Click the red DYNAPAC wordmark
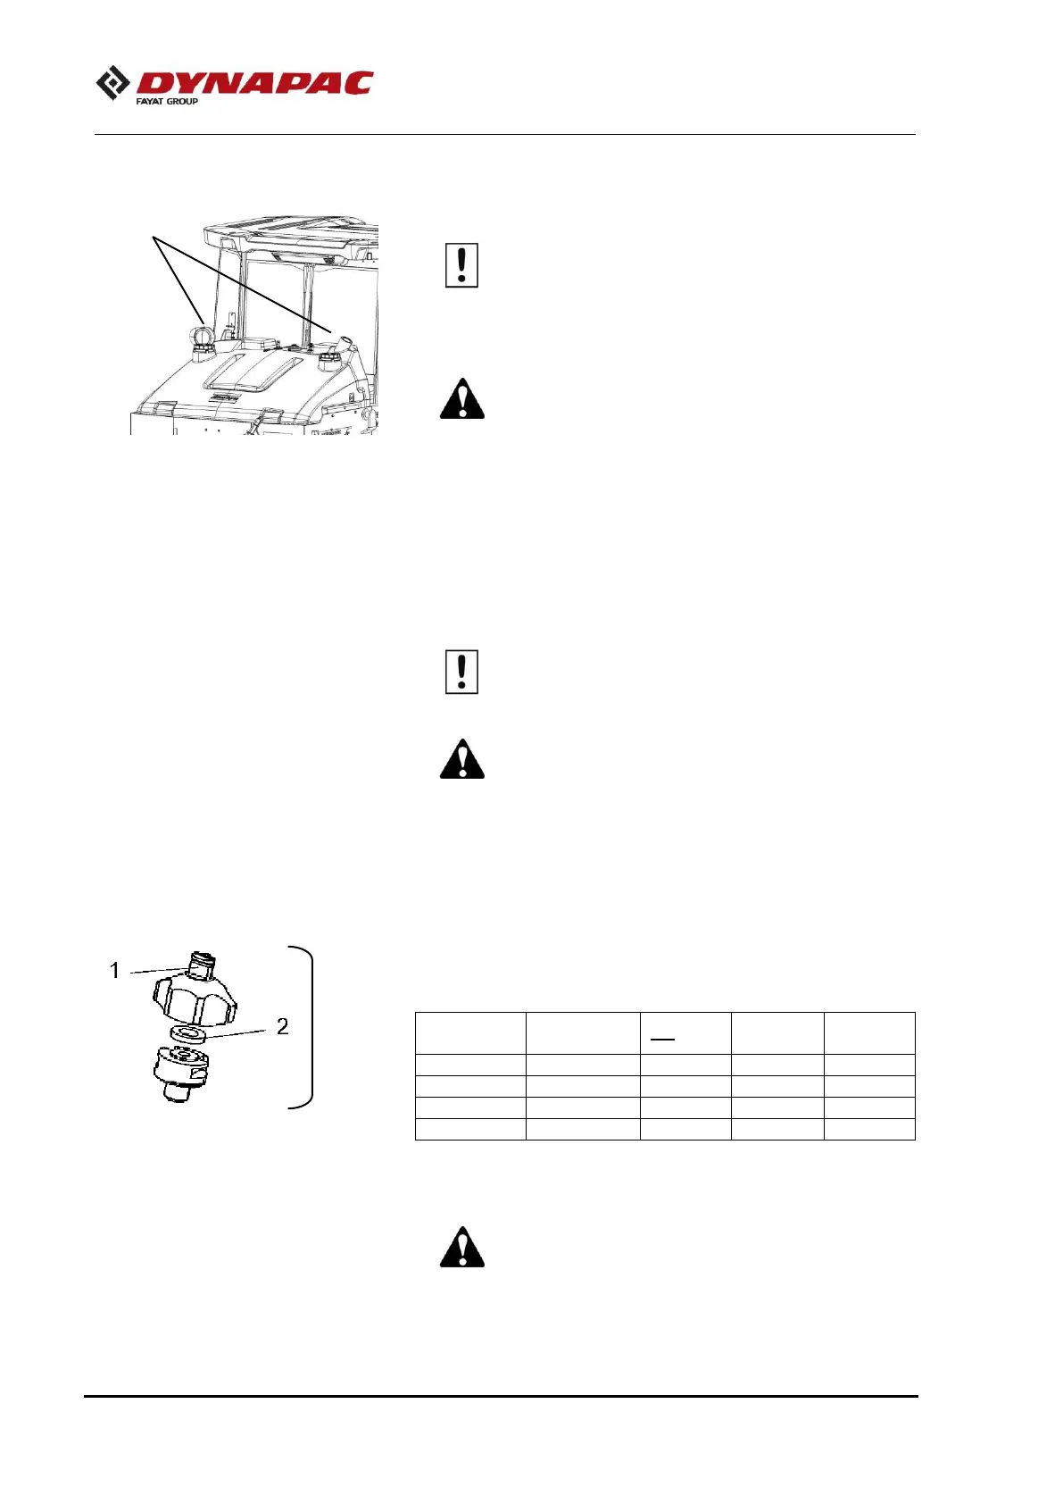(254, 83)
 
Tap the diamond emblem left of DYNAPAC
(112, 84)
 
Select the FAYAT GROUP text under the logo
(167, 102)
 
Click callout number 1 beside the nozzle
(114, 970)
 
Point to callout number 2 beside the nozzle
(282, 1026)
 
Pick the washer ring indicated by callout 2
(187, 1034)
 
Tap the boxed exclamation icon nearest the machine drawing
(461, 265)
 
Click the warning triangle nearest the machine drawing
(461, 399)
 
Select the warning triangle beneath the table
(461, 1248)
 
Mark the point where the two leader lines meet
(154, 238)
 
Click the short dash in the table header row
(661, 1040)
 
